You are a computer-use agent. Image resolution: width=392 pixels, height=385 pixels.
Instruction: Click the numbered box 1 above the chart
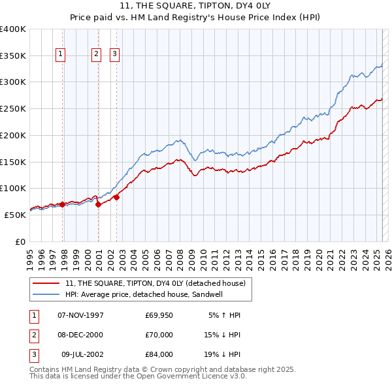click(60, 54)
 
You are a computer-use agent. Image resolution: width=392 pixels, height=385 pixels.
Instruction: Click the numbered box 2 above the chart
click(97, 54)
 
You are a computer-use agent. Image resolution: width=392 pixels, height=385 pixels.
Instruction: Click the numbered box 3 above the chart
click(114, 54)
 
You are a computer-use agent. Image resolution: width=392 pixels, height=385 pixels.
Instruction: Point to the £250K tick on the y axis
click(13, 109)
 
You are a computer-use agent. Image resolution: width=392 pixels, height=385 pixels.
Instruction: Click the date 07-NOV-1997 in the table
click(81, 315)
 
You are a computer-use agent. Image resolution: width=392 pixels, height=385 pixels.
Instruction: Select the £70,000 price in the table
click(159, 335)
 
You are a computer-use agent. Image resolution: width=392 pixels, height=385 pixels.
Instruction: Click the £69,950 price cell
click(159, 315)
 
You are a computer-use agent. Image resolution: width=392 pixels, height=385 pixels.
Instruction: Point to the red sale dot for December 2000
click(99, 204)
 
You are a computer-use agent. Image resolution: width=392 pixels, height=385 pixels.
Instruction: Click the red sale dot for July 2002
click(116, 197)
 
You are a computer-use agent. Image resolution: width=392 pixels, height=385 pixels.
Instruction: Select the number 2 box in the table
click(33, 335)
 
